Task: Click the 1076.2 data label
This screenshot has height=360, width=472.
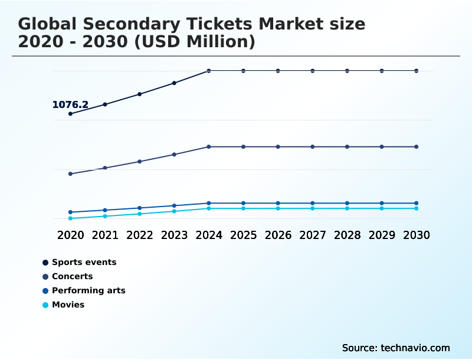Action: pos(70,105)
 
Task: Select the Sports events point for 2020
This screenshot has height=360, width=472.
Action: pos(70,114)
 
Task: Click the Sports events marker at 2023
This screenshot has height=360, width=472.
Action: pos(174,83)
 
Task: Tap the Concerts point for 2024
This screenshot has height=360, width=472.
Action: pos(209,146)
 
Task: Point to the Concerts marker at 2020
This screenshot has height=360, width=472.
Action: pos(70,174)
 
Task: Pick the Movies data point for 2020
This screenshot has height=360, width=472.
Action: pos(70,218)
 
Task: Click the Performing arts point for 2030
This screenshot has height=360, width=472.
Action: pos(417,203)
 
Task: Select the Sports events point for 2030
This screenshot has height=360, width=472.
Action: pos(417,71)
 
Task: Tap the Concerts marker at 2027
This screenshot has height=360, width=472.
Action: pos(313,146)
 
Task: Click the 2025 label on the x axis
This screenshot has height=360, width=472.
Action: pos(243,235)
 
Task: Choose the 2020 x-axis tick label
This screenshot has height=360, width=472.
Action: pos(70,235)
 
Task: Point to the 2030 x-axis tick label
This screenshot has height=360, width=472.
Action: pos(417,235)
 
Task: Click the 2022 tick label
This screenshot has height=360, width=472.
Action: pos(140,235)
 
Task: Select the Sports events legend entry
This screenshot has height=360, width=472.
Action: pos(84,262)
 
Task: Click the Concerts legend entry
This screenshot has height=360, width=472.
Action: pos(72,276)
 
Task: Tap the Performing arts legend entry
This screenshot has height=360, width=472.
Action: pos(88,290)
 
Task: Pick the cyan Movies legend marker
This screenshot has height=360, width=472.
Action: pos(45,305)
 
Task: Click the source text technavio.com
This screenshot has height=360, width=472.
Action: pos(415,348)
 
